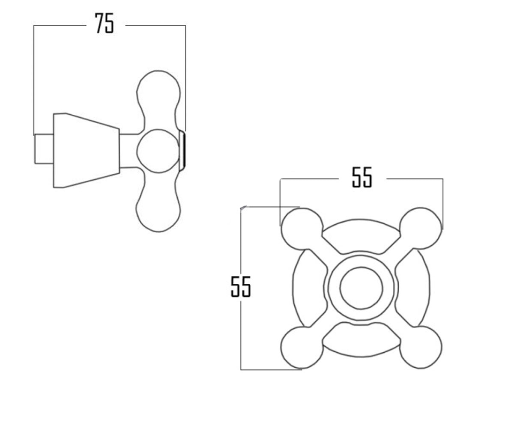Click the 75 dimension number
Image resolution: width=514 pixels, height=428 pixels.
(105, 23)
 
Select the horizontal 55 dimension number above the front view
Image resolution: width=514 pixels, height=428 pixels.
(362, 177)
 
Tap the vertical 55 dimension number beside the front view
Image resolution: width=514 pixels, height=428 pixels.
(240, 287)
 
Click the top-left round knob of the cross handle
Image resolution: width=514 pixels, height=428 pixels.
(302, 229)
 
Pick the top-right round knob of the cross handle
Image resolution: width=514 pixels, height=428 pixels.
(420, 229)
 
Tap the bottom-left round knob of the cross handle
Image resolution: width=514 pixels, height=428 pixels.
(302, 347)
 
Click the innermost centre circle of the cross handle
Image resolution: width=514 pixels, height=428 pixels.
(361, 288)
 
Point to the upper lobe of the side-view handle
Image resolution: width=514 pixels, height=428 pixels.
(158, 98)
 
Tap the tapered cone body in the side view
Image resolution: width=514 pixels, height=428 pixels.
(87, 151)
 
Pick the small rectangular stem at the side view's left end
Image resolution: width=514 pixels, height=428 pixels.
(44, 149)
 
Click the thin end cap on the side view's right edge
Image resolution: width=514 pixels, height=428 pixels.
(182, 151)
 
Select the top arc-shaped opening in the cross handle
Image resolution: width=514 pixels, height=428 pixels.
(361, 236)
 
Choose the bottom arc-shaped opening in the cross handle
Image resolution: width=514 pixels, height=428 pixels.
(361, 339)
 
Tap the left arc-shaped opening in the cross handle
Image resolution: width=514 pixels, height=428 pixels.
(309, 288)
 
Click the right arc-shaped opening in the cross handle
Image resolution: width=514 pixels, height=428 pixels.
(412, 288)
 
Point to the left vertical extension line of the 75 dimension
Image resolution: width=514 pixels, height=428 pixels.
(34, 80)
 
